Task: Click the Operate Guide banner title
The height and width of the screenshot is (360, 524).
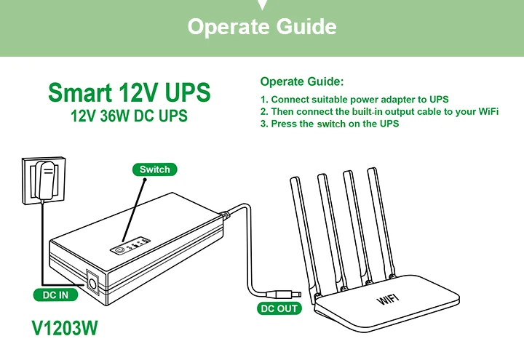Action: point(262,27)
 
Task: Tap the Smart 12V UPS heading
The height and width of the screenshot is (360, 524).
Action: point(129,92)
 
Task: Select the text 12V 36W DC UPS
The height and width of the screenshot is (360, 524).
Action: point(129,116)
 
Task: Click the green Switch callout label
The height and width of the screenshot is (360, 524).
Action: point(154,169)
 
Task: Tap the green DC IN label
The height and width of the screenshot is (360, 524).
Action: point(55,295)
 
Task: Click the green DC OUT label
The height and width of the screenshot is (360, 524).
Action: point(279,309)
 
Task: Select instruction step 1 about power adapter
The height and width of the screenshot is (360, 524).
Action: point(354,99)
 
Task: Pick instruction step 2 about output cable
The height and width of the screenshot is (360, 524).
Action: point(379,111)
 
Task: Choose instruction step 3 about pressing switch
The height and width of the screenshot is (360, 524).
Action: point(330,124)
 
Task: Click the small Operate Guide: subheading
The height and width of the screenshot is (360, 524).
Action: point(301,81)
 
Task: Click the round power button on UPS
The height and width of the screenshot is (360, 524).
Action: point(119,249)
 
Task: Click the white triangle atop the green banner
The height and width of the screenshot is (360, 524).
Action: point(262,4)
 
